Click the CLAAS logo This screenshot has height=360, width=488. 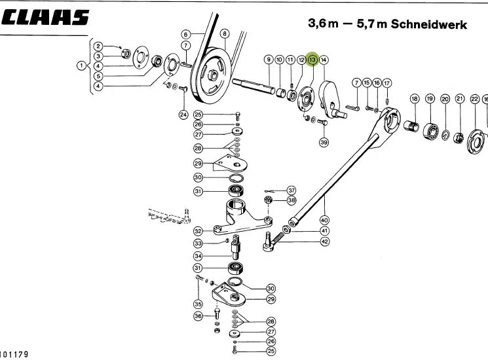click(45, 17)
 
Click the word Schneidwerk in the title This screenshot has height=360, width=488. click(429, 24)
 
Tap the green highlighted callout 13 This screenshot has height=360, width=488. click(312, 60)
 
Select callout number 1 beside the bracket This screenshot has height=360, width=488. click(81, 65)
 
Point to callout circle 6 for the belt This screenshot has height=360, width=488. click(186, 34)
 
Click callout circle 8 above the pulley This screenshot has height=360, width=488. click(225, 33)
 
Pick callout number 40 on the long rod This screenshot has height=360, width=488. click(324, 220)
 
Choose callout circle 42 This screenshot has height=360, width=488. click(325, 242)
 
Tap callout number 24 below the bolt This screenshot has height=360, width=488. click(183, 115)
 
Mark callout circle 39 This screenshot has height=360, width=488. click(324, 142)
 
